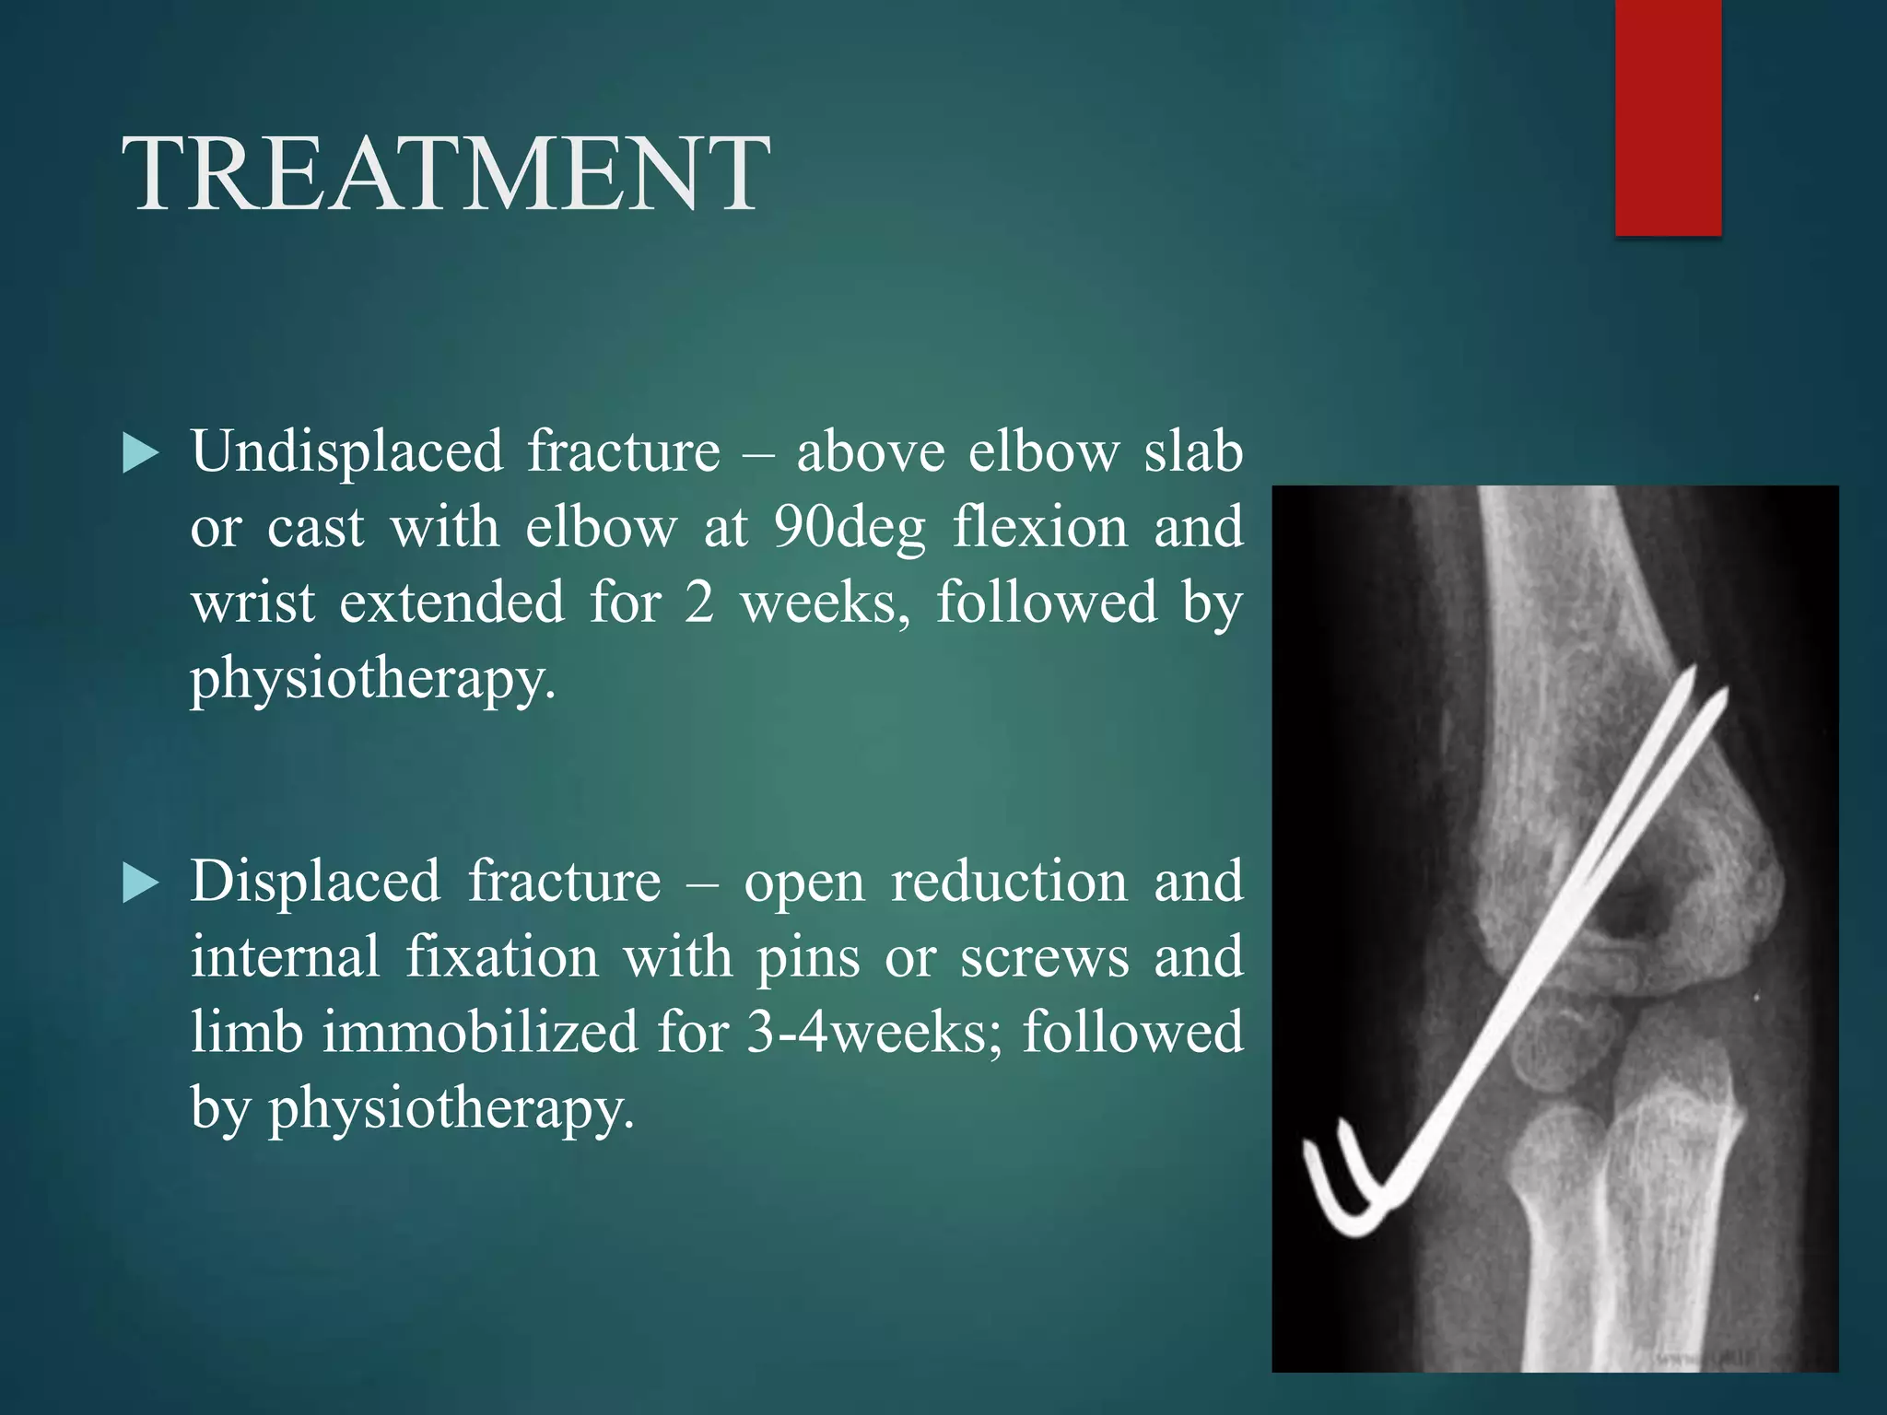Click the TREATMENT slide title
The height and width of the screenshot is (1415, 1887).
point(446,174)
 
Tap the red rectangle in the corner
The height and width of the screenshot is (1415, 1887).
point(1668,117)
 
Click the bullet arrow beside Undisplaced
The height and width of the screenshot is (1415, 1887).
point(140,454)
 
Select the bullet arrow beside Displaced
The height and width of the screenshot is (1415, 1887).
point(140,883)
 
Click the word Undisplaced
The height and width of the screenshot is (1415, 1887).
point(347,453)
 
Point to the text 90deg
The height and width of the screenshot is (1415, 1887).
point(849,529)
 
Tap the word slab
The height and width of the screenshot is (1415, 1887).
point(1193,451)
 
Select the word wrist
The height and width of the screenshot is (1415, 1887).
point(252,603)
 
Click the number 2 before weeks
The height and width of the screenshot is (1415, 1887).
point(699,603)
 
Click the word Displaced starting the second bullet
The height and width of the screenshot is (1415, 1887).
point(315,882)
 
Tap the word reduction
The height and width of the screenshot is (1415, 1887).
point(1009,882)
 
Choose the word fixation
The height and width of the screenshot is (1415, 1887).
point(502,957)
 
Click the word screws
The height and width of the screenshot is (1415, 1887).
point(1044,957)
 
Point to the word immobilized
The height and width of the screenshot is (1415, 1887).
point(479,1032)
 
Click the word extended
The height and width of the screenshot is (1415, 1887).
point(451,603)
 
